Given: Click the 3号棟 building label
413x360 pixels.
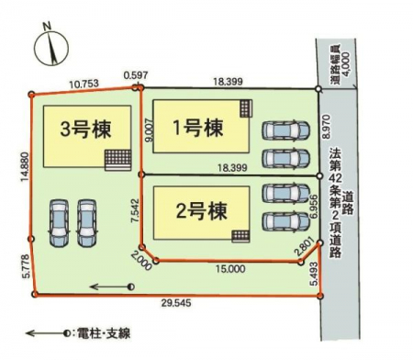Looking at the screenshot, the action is click(85, 129).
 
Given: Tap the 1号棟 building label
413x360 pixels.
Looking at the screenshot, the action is click(197, 128).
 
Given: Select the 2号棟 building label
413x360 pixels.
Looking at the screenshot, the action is click(202, 211).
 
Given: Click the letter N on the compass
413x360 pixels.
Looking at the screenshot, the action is click(47, 27).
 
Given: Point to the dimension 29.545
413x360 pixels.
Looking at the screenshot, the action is click(176, 303).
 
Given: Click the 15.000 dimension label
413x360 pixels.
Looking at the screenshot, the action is click(230, 269).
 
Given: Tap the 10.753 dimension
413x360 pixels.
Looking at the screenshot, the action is click(84, 84).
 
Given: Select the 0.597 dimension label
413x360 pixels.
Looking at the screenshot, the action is click(136, 75).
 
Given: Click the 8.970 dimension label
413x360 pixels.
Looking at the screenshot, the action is click(327, 127).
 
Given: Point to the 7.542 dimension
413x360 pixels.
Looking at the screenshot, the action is click(135, 211).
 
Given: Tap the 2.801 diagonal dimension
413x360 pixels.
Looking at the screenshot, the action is click(305, 247).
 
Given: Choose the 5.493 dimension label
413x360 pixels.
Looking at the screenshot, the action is click(314, 274).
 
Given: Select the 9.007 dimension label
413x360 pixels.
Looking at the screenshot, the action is click(150, 130).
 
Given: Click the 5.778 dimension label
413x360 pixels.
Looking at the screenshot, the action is click(26, 266).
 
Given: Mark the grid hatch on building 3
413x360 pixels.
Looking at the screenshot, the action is click(118, 160).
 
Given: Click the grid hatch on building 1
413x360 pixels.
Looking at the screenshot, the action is click(246, 108).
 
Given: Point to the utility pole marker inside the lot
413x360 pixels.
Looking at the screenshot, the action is click(131, 287).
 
